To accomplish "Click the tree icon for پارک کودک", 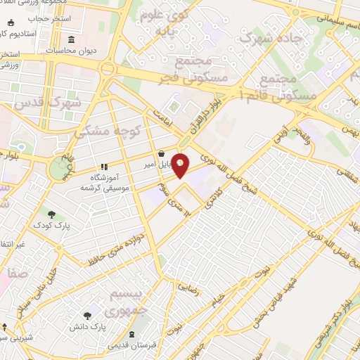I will click(51, 214).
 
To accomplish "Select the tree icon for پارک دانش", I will click(86, 316).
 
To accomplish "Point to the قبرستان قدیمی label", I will click(133, 347).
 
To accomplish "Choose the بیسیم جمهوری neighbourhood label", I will click(130, 302).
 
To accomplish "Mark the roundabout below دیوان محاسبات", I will click(107, 69).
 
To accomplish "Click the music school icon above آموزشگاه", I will click(103, 167).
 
